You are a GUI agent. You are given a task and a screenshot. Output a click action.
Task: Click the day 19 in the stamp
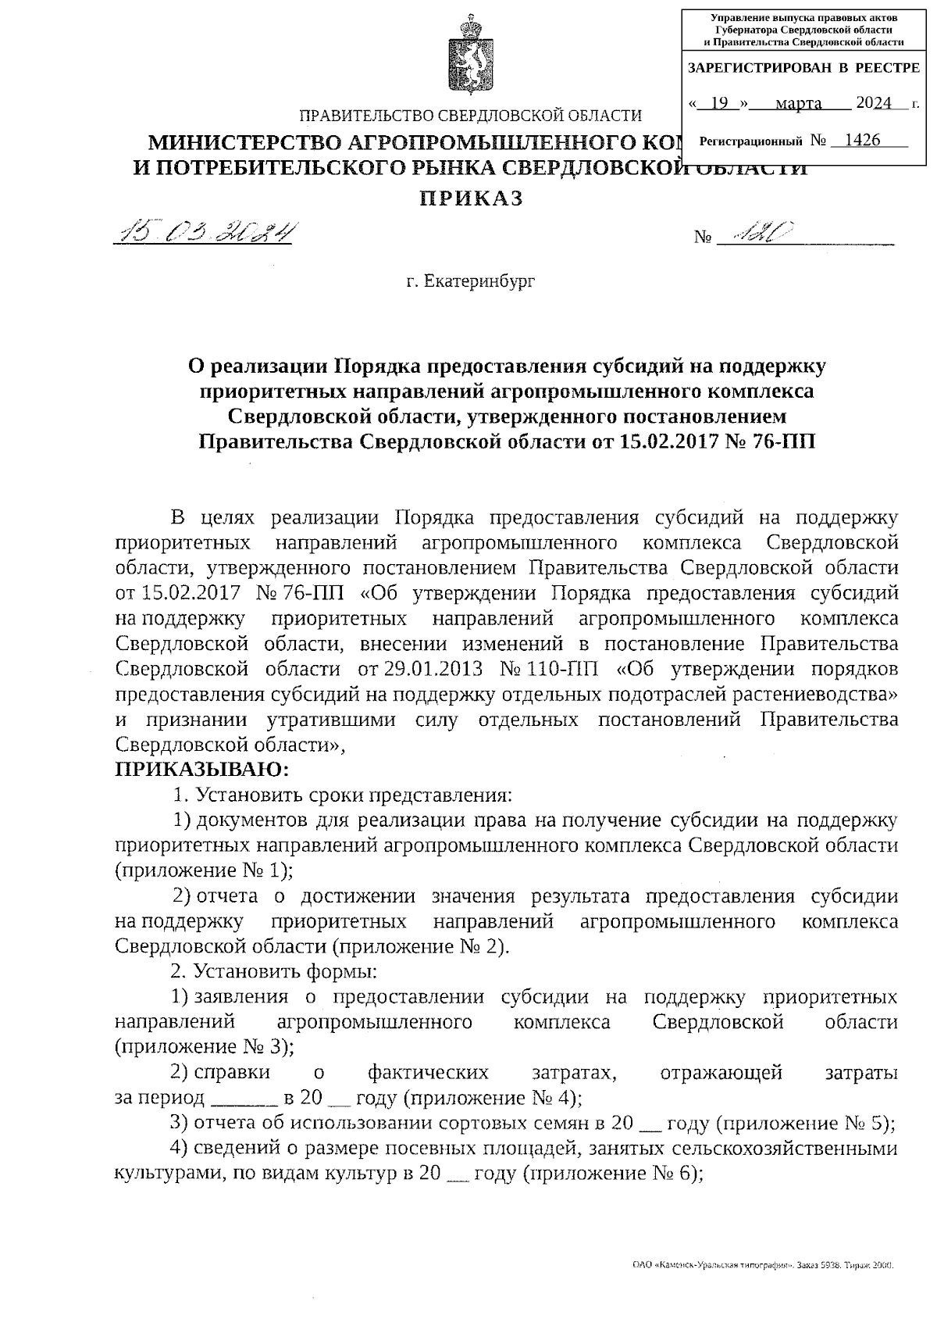point(720,103)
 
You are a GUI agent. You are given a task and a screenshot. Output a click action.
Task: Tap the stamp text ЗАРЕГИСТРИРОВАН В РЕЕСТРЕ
point(803,69)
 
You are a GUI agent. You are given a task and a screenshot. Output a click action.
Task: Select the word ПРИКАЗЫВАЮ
point(201,770)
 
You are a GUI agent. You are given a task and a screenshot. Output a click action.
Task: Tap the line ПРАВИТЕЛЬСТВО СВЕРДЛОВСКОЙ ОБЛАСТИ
point(471,116)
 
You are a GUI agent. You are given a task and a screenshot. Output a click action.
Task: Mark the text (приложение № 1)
point(203,870)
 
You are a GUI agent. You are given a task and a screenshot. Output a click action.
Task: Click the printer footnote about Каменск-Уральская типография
point(762,1263)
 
